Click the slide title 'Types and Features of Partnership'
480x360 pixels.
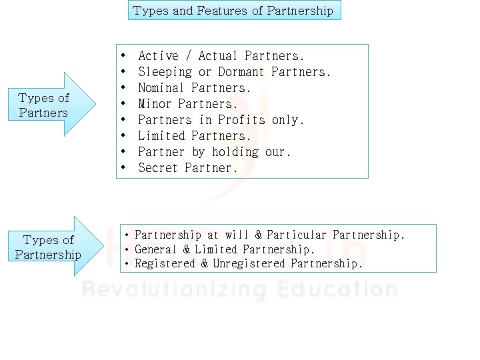[x=233, y=10]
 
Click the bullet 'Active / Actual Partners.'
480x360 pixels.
[x=221, y=56]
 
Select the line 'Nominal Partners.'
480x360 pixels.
[x=194, y=88]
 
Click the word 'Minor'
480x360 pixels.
[x=155, y=104]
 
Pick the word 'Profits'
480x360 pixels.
[x=242, y=120]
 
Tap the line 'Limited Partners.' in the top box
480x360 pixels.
[x=194, y=136]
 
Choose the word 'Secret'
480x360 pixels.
[x=158, y=168]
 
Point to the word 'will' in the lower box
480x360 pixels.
[x=237, y=235]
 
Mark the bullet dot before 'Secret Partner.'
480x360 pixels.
[x=123, y=168]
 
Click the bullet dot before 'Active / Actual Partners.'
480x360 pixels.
[x=123, y=56]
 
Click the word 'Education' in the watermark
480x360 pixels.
[x=335, y=290]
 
